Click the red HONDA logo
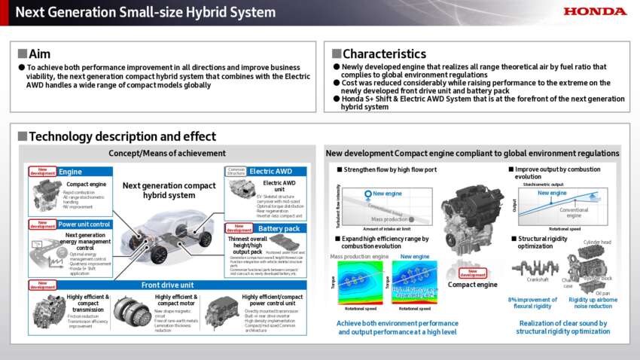[x=595, y=11]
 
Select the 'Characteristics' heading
[x=383, y=53]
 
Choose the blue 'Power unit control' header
[x=85, y=224]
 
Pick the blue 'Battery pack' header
[x=278, y=228]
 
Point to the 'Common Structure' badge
[x=236, y=172]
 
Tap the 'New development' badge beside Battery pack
[x=239, y=228]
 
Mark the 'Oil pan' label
[x=602, y=293]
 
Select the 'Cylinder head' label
[x=597, y=243]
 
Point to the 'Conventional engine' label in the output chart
[x=573, y=213]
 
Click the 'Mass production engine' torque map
[x=361, y=282]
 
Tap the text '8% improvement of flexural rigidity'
[x=533, y=303]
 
